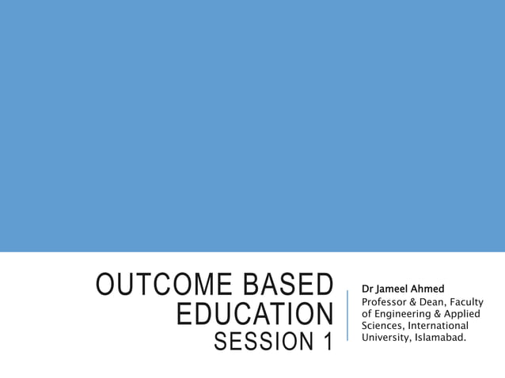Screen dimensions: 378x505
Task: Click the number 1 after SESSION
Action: pyautogui.click(x=326, y=342)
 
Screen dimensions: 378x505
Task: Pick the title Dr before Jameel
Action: pyautogui.click(x=366, y=289)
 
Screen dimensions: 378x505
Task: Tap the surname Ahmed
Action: pyautogui.click(x=427, y=289)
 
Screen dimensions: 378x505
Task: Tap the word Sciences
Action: pyautogui.click(x=383, y=326)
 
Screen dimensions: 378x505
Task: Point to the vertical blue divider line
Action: pyautogui.click(x=347, y=315)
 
